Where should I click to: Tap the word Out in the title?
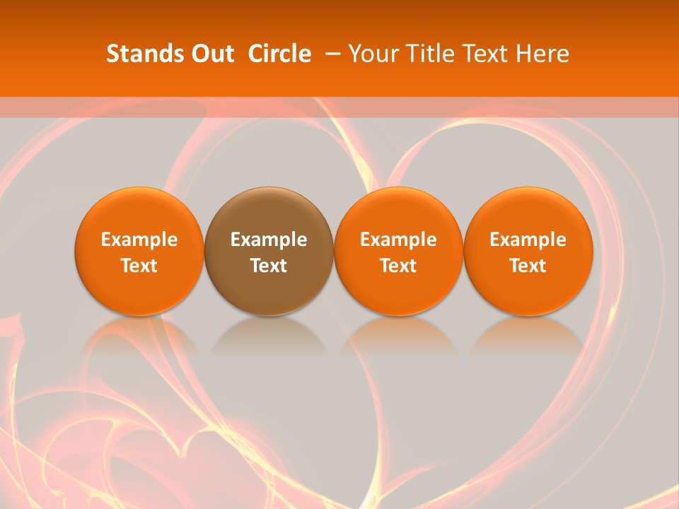click(x=210, y=54)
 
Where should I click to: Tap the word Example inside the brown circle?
click(x=269, y=240)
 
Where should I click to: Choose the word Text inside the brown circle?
click(x=269, y=266)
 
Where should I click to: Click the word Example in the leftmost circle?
click(x=139, y=240)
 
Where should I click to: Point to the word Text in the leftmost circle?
click(x=139, y=266)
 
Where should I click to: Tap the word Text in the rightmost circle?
click(x=528, y=266)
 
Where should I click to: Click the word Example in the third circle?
click(x=398, y=240)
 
